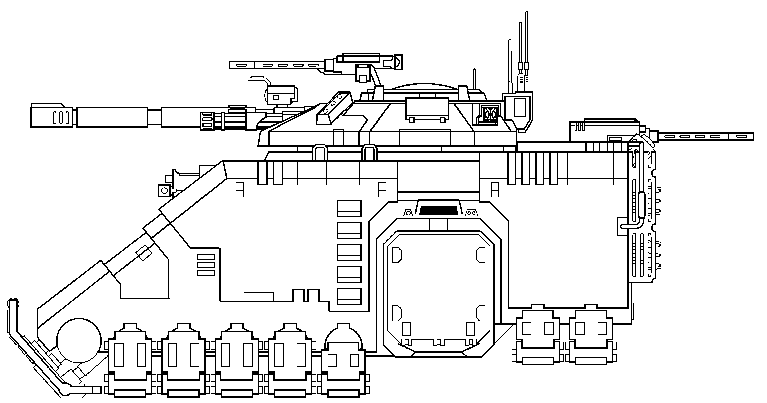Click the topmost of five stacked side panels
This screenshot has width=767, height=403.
click(x=349, y=208)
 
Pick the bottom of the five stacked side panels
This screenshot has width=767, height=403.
click(x=349, y=297)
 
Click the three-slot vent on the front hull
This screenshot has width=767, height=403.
click(x=205, y=265)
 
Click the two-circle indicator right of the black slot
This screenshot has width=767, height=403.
click(x=471, y=213)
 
